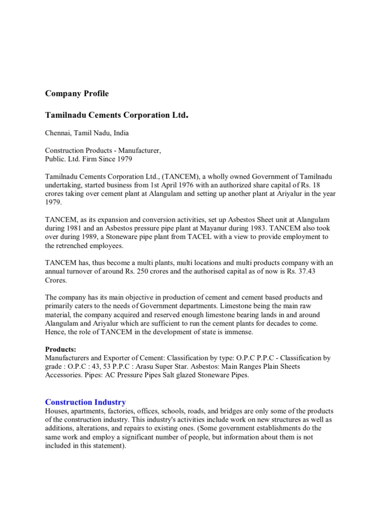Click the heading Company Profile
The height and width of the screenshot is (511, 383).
(x=77, y=93)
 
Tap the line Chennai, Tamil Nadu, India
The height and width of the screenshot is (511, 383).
(x=87, y=133)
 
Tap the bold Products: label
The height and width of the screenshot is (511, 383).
(x=61, y=349)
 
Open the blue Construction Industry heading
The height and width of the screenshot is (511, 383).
(x=85, y=402)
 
